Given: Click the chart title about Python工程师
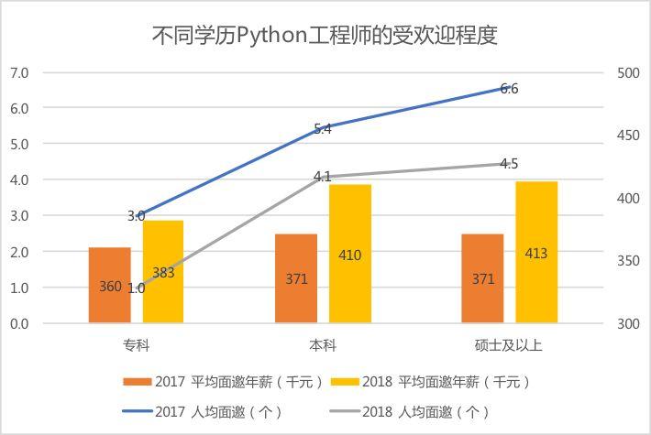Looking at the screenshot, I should click(x=325, y=36).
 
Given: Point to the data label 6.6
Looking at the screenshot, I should click(x=510, y=89).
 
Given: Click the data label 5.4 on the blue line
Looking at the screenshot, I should click(x=323, y=129).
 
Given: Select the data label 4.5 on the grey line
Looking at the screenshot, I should click(x=510, y=165).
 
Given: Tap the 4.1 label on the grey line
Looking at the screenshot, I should click(x=323, y=177).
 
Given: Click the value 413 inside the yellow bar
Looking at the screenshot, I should click(x=536, y=254).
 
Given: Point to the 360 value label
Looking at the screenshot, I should click(x=110, y=287).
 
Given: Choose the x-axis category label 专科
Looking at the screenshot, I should click(x=137, y=345).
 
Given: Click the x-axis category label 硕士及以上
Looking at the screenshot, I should click(x=509, y=345).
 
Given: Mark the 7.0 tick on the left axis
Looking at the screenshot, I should click(x=19, y=72).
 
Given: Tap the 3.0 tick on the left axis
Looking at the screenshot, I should click(x=19, y=216).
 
